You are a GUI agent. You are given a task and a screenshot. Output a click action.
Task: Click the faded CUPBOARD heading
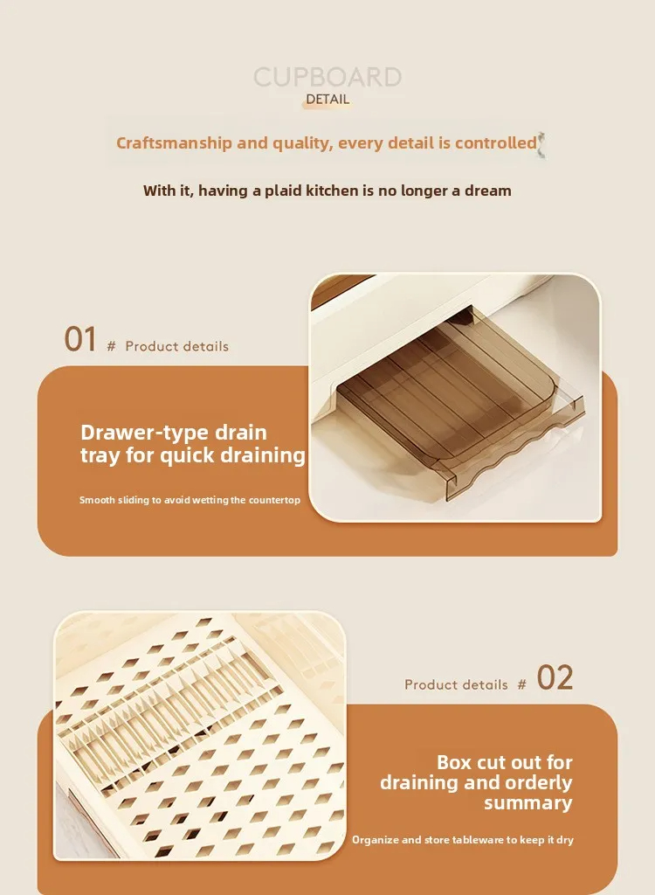327,77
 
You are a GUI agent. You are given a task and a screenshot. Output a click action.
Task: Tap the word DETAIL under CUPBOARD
327,100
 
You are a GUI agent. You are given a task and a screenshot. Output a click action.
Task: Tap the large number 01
80,339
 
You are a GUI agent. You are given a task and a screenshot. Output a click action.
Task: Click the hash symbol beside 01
111,346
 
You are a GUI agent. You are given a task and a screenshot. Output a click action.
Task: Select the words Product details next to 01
177,346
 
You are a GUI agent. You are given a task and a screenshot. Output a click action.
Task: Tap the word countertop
274,500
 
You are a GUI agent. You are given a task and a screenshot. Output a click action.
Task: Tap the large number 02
555,678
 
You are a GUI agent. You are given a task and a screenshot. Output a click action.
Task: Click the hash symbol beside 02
521,685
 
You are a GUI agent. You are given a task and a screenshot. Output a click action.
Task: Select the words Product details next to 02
456,685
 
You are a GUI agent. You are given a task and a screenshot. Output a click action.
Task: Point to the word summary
528,803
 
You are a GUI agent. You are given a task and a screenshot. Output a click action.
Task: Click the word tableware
478,840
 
